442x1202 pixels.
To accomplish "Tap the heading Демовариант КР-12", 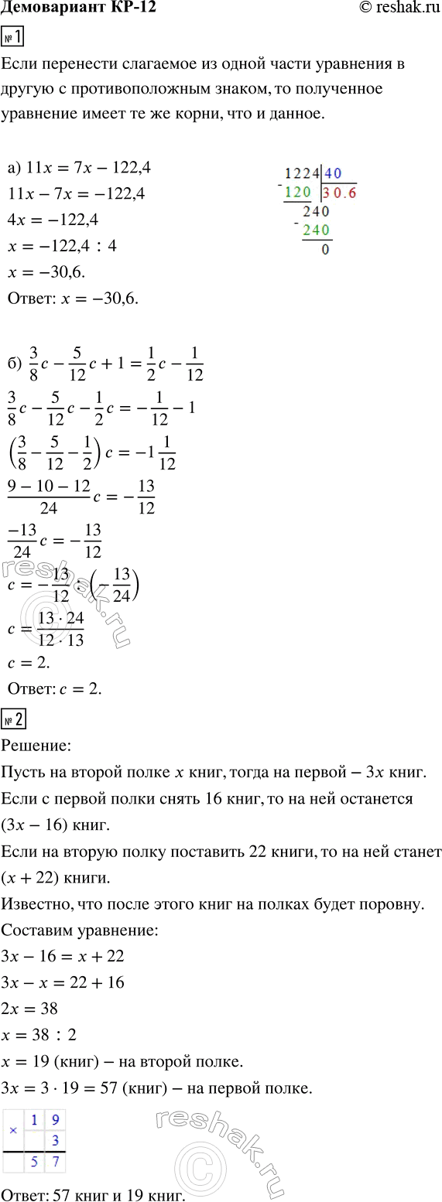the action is tap(74, 11).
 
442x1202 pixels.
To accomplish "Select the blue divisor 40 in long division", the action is tap(333, 174).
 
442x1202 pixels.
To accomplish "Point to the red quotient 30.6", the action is tap(340, 193).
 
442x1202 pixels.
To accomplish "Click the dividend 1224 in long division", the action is tap(302, 174).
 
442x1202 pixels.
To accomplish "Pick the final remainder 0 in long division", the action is tap(324, 249).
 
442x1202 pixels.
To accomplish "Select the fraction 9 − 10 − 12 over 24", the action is tap(46, 497).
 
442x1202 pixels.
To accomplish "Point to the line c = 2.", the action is tap(29, 663).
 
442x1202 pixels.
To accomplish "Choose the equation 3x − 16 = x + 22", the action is tap(63, 956).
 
